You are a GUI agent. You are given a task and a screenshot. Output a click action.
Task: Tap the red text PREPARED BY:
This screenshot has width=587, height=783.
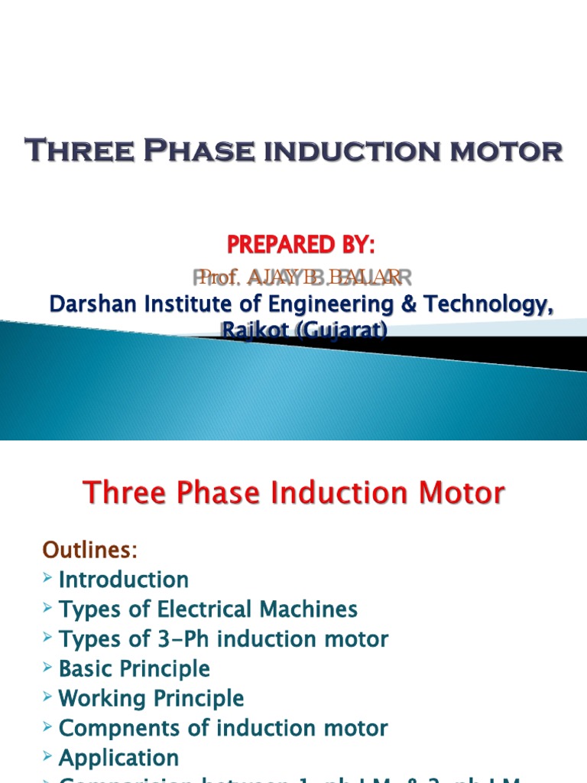(300, 245)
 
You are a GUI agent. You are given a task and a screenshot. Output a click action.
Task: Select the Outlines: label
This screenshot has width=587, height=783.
(89, 550)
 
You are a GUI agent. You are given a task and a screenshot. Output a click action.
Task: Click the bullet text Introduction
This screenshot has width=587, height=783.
(123, 580)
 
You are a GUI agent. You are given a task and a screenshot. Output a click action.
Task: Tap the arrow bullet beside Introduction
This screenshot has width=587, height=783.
(47, 579)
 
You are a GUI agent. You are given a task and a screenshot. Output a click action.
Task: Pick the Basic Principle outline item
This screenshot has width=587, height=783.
(134, 669)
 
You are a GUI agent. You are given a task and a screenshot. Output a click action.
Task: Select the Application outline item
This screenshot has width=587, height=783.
(118, 759)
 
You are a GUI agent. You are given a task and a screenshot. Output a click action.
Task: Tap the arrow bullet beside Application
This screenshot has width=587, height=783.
(47, 758)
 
